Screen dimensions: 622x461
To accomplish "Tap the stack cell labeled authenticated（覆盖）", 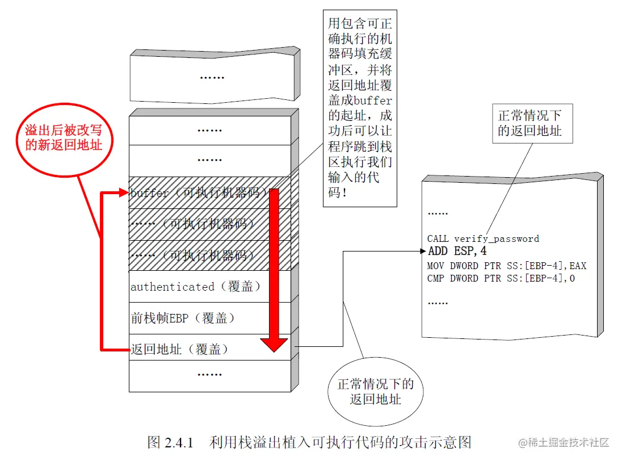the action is [x=196, y=287].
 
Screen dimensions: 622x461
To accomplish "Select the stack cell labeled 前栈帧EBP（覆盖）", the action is [x=182, y=318].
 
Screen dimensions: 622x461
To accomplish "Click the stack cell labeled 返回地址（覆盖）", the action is [x=179, y=350].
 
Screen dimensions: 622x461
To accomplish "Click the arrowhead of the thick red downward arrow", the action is [x=274, y=343].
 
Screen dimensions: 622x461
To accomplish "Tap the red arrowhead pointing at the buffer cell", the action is [x=124, y=194].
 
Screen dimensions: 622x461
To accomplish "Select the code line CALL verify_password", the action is [x=483, y=239].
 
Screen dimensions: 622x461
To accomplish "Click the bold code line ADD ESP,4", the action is [x=457, y=252].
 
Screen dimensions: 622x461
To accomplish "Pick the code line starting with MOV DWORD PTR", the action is [x=507, y=266].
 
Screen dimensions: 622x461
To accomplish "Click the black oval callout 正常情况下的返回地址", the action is [x=375, y=392].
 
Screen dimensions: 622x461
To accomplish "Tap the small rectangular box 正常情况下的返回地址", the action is [x=529, y=123].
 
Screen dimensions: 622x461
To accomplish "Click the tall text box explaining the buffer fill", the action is [x=360, y=108].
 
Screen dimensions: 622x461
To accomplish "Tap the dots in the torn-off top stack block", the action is [x=212, y=76].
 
